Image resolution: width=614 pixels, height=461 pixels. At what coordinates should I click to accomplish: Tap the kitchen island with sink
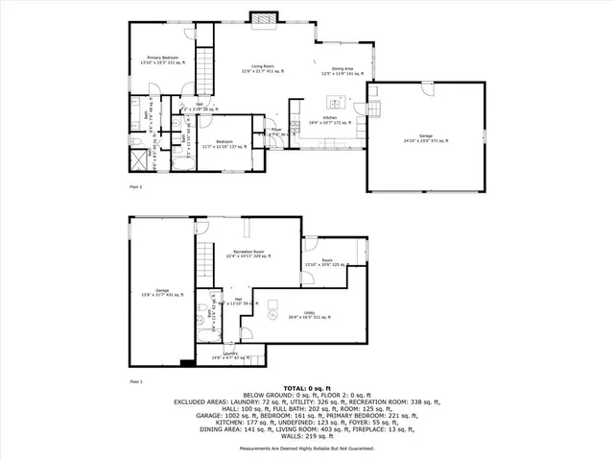tap(336, 102)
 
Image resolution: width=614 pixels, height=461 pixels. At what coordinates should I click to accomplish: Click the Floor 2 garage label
tap(426, 140)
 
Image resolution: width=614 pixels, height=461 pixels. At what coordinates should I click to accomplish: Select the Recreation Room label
tap(248, 255)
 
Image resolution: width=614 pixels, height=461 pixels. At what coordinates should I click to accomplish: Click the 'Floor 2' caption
tap(135, 186)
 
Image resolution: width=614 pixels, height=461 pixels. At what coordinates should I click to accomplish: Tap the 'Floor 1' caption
tap(135, 381)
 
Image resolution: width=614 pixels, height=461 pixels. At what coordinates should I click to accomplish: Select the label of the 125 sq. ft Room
tap(326, 263)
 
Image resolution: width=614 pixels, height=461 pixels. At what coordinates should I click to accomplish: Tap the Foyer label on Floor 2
tap(275, 133)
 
